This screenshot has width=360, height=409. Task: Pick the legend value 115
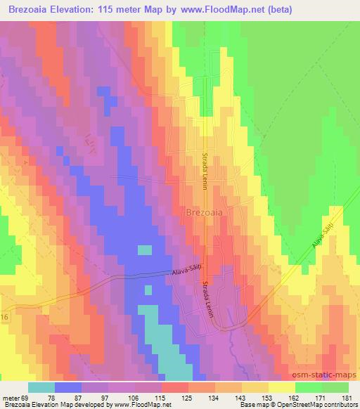162,397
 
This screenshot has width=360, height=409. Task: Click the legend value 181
347,397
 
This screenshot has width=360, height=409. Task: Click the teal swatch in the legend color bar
42,387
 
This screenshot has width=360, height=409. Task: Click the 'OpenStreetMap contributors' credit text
320,405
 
